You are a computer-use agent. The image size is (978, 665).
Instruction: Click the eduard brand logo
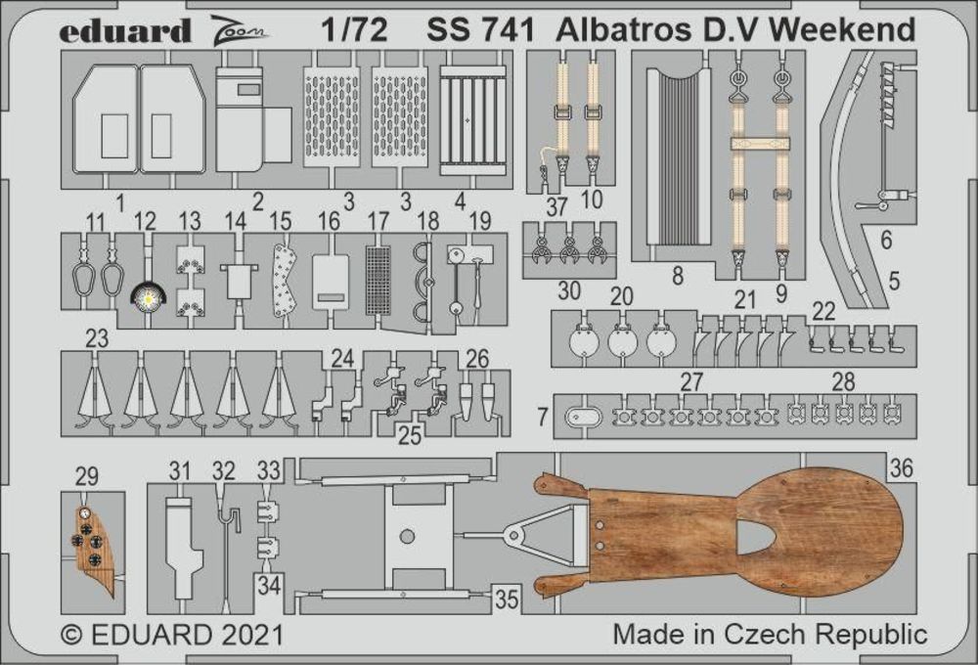125,31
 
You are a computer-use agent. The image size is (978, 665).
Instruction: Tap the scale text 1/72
354,30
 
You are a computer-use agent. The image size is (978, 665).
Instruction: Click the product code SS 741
480,30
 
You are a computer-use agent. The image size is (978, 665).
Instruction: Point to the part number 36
902,467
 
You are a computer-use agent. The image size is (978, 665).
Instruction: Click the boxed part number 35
507,598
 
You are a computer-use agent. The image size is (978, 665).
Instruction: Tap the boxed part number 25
409,435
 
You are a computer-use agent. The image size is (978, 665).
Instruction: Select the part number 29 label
87,476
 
